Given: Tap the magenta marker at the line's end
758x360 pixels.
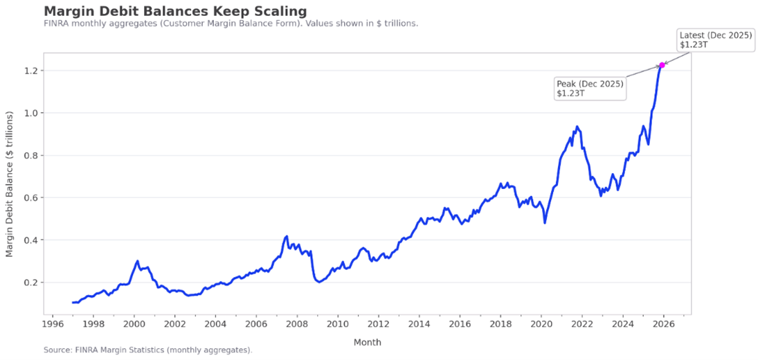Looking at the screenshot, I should pos(662,65).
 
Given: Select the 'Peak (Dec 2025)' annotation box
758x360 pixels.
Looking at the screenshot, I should pos(590,88).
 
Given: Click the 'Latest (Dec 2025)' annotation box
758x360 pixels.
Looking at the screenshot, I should pos(715,39).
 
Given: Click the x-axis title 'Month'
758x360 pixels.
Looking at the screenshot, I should pos(367,342).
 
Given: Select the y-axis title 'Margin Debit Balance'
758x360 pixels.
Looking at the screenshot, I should pos(10,183).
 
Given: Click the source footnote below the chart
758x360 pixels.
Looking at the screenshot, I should pos(147,350).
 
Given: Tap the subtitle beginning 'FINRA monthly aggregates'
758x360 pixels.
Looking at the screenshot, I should pos(231,24).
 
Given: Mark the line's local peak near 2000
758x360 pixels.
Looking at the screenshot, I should pos(137,261).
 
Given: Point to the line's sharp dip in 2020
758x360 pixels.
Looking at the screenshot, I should pos(545,222).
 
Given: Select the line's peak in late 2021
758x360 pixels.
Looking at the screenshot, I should pos(577,127).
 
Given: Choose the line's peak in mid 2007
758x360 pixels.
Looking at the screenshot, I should pos(287,236).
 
